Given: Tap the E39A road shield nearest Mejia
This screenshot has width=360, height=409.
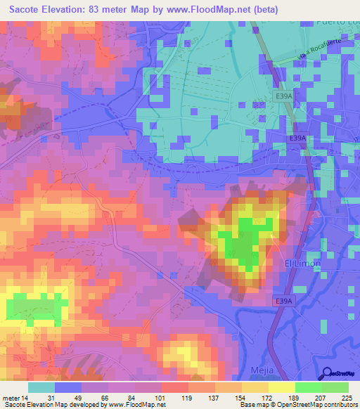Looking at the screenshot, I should (x=283, y=300).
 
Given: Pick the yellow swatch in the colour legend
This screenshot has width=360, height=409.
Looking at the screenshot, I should (x=281, y=387).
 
